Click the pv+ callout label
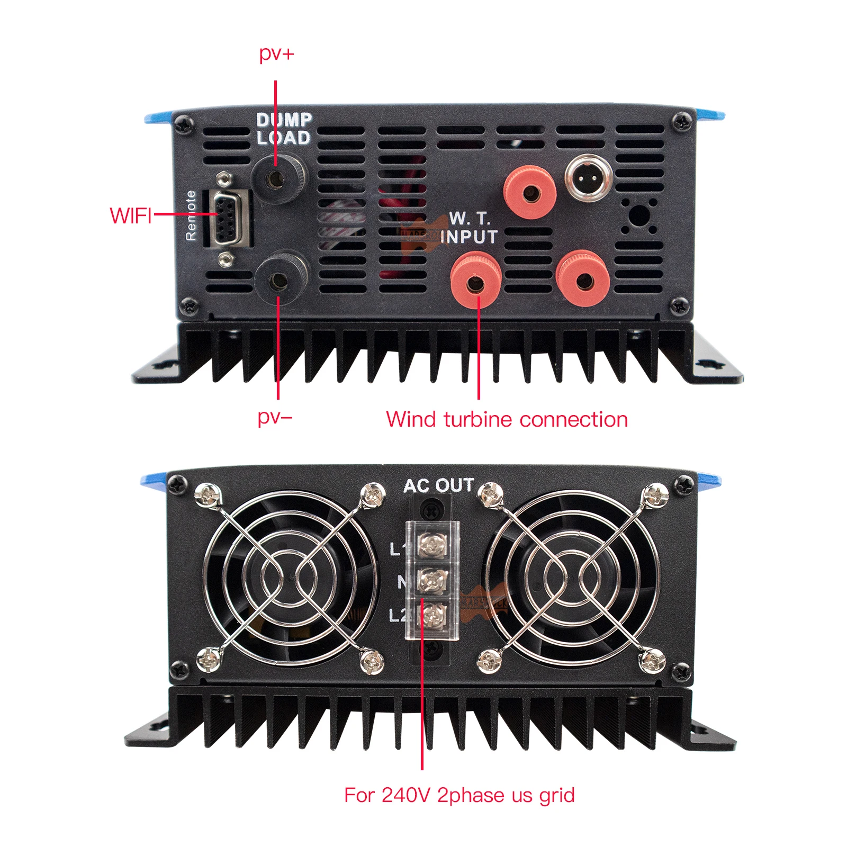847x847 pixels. pyautogui.click(x=276, y=54)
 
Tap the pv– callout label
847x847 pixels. pyautogui.click(x=275, y=418)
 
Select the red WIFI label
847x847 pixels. pyautogui.click(x=131, y=215)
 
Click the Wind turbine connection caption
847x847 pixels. pyautogui.click(x=507, y=419)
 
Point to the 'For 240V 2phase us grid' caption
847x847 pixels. pyautogui.click(x=459, y=795)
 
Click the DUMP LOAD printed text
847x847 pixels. pyautogui.click(x=284, y=129)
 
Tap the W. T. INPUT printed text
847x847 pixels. pyautogui.click(x=469, y=228)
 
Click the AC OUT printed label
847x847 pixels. pyautogui.click(x=438, y=485)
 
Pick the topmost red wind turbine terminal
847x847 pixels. pyautogui.click(x=529, y=192)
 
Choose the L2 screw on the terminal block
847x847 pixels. pyautogui.click(x=432, y=615)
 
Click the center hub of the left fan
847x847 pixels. pyautogui.click(x=290, y=578)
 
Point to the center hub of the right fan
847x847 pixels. pyautogui.click(x=573, y=578)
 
